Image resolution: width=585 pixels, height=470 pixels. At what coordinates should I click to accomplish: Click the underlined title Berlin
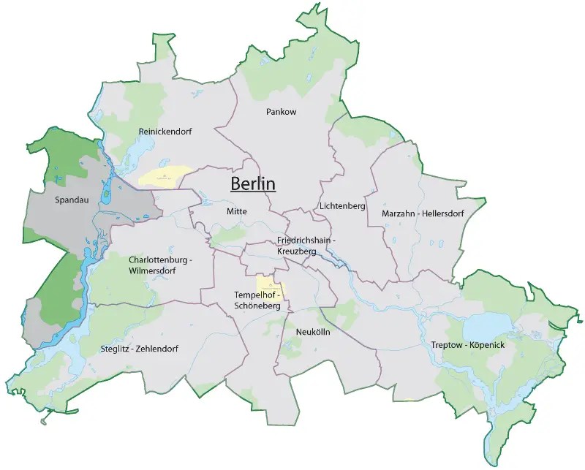pos(253,183)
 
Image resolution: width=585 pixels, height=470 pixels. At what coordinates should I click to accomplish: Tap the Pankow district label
pos(282,112)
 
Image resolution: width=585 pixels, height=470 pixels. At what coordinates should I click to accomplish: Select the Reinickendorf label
pos(165,131)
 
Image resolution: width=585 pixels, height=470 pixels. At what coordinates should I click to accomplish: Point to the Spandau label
pos(71,198)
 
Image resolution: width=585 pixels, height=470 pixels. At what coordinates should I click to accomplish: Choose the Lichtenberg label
pos(342,207)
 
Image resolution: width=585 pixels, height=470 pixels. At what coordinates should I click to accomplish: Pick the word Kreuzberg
pos(297,251)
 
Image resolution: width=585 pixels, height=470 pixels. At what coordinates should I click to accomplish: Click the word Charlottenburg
pos(157,259)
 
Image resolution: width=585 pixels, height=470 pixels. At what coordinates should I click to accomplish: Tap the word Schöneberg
pos(257,306)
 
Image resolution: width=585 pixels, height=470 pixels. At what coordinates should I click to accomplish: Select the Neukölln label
pos(313,332)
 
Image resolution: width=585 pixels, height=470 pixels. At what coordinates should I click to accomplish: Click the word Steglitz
pos(116,349)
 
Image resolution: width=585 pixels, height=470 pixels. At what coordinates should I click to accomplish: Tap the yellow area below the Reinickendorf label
pos(165,176)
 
